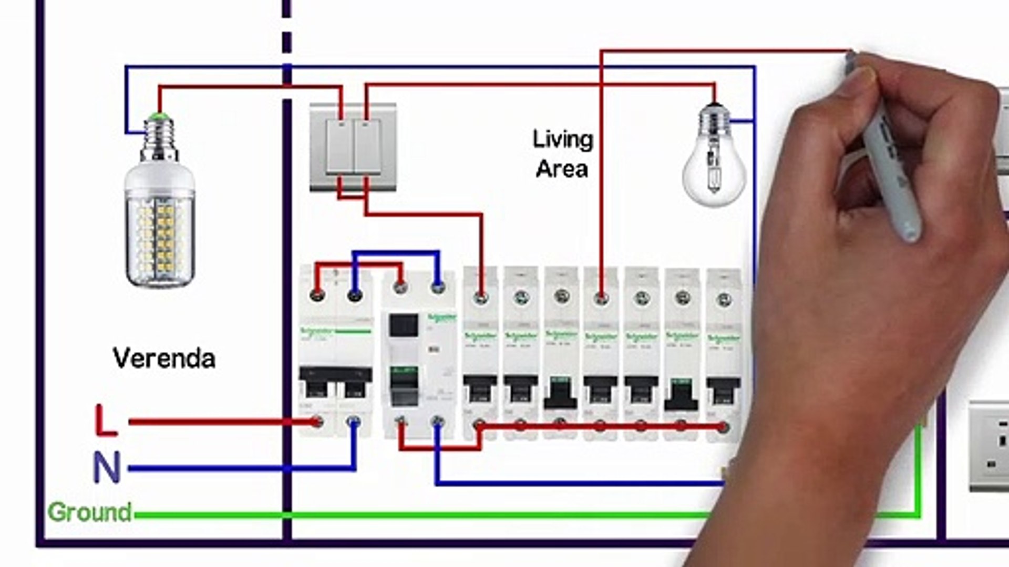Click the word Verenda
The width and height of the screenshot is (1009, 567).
click(x=164, y=359)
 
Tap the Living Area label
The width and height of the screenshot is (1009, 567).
click(x=562, y=154)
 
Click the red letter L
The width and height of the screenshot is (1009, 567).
click(x=106, y=421)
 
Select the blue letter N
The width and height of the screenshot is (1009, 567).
click(x=107, y=467)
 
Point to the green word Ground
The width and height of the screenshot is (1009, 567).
click(x=89, y=512)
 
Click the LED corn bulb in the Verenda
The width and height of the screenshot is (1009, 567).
click(x=160, y=220)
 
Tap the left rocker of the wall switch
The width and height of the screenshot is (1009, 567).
click(x=339, y=146)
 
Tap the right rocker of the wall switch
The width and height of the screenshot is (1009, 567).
click(x=367, y=146)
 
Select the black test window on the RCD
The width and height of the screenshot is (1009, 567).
click(x=404, y=325)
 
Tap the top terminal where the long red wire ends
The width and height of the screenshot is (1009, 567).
click(x=601, y=298)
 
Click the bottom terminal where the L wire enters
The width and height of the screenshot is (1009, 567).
click(x=316, y=421)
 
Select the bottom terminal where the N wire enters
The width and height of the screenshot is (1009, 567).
click(x=354, y=421)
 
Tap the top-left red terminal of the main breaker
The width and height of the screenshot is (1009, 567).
click(x=316, y=294)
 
